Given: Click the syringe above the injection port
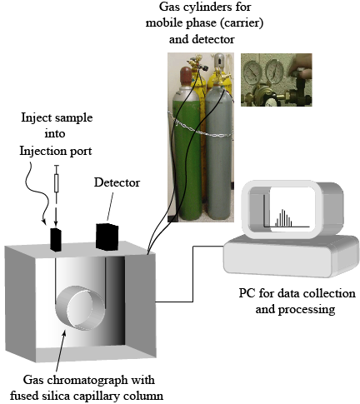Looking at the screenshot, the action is [57, 183].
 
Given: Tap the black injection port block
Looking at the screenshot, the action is [56, 240].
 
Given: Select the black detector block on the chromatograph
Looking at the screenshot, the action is [107, 237].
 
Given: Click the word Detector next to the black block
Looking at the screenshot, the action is [117, 182].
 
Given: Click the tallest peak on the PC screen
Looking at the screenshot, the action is [282, 217].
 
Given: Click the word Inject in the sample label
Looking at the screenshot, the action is [34, 118].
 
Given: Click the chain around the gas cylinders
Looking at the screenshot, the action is [199, 127].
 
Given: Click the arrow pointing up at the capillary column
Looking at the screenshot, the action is [61, 351].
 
